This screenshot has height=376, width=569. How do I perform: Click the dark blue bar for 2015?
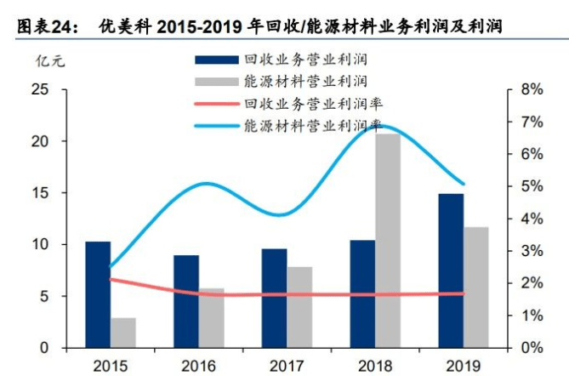[x=98, y=294]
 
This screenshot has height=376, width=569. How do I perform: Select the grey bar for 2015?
[x=123, y=333]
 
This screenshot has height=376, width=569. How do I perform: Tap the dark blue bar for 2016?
[x=186, y=301]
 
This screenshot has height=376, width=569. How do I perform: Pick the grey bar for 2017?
[x=299, y=307]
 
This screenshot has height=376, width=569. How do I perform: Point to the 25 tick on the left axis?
[x=39, y=89]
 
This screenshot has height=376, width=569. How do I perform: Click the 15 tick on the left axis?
[x=39, y=193]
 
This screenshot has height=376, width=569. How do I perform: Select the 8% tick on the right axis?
[x=532, y=89]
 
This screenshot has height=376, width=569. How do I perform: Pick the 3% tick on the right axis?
[x=532, y=251]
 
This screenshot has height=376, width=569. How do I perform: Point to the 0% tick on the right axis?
[x=532, y=348]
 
